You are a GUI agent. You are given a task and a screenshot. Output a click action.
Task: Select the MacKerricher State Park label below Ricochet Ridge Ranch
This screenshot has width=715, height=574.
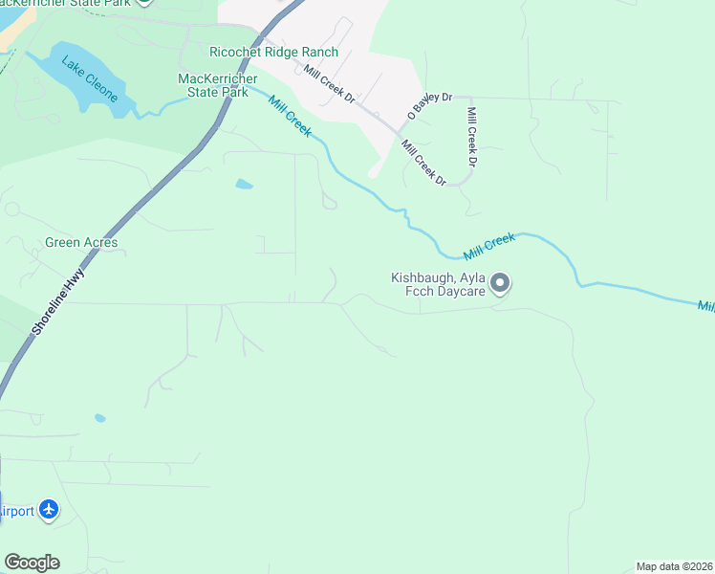tap(218, 84)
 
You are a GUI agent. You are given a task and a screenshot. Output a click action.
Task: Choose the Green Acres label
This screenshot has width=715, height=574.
tap(81, 243)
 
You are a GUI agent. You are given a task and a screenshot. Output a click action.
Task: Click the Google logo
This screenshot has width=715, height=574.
tap(32, 563)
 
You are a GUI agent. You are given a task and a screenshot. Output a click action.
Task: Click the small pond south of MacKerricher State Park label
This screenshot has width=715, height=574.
tap(244, 184)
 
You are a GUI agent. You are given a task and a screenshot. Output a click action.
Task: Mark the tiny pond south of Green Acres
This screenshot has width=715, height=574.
tap(100, 418)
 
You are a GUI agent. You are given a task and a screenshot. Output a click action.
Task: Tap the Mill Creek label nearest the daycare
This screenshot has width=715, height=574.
tap(489, 247)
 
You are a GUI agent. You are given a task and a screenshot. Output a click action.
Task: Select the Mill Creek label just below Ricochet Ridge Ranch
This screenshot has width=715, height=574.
tap(289, 116)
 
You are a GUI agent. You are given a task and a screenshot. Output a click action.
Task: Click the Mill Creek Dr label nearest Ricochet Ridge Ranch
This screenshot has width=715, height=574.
tap(330, 84)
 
